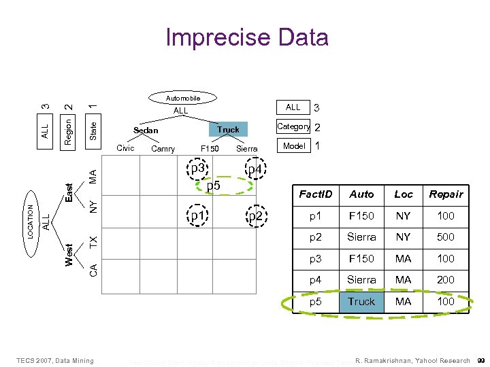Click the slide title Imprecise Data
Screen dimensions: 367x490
246,37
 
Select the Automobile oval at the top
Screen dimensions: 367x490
184,99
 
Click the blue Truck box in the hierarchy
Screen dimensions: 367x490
228,129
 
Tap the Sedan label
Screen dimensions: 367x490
146,130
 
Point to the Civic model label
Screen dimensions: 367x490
125,148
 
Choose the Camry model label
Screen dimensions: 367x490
163,149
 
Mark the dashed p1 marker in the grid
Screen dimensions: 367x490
198,216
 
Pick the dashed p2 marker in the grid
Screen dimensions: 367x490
256,217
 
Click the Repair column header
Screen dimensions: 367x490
446,194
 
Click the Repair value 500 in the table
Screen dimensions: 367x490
446,237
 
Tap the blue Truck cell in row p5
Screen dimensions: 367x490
361,301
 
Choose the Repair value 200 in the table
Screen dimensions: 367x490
446,279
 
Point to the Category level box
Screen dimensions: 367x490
293,126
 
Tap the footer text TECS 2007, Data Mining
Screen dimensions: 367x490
55,360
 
